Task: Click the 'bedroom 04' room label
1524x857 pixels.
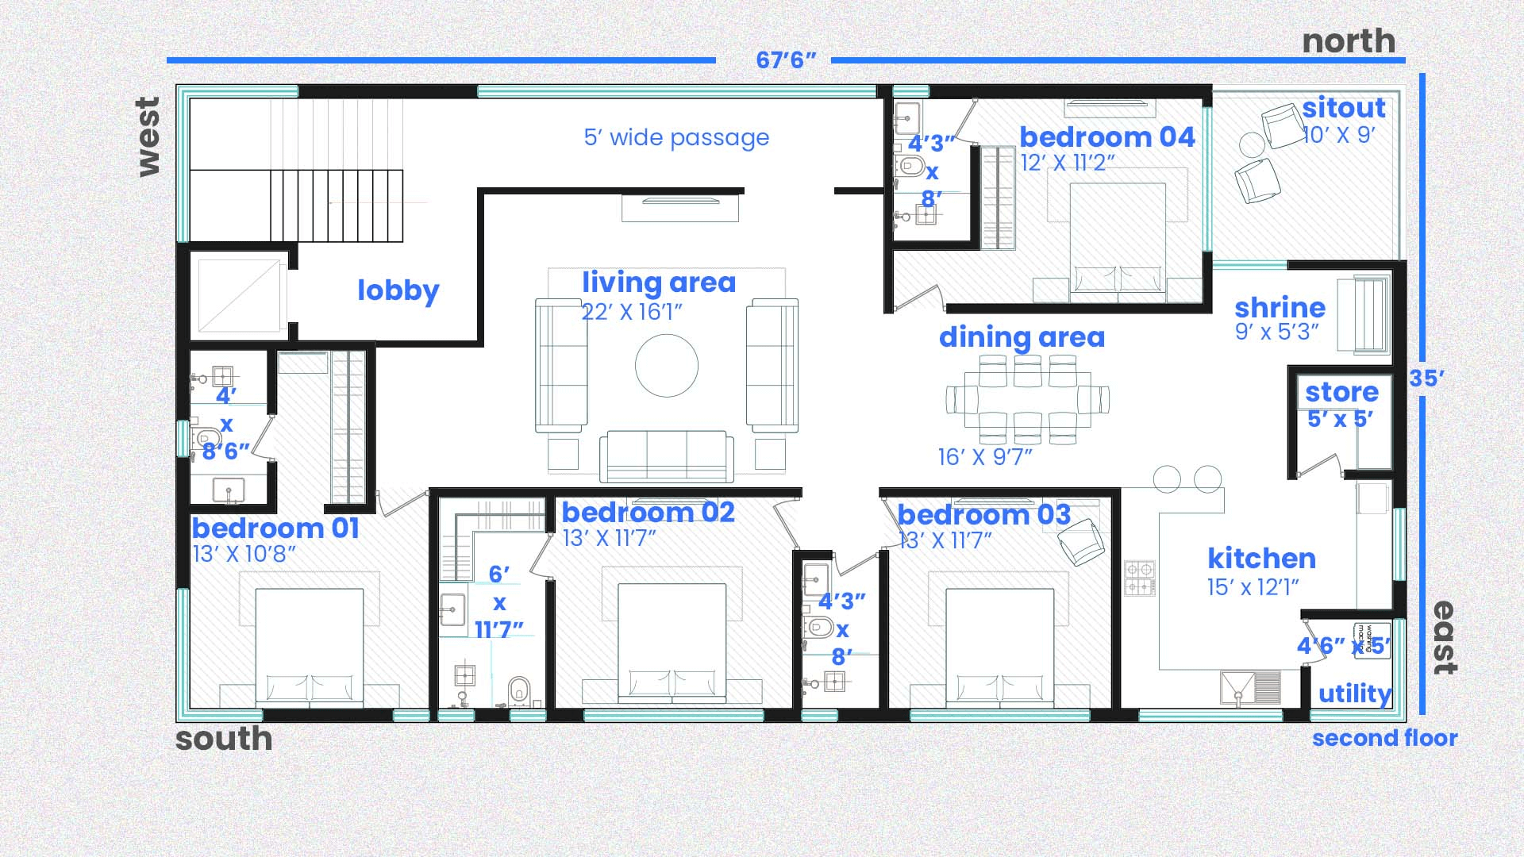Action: [x=1106, y=137]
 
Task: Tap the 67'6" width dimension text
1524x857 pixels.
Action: [x=786, y=60]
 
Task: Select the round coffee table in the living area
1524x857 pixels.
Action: [x=667, y=366]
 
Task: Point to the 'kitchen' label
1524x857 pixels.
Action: [x=1261, y=559]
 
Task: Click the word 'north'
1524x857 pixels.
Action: [x=1349, y=41]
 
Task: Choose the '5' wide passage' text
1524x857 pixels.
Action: [x=676, y=138]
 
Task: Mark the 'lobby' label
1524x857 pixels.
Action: [x=398, y=290]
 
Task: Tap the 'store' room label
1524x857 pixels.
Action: [x=1341, y=392]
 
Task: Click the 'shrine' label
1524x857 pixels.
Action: [x=1280, y=308]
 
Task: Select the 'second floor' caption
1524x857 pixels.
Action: [x=1384, y=739]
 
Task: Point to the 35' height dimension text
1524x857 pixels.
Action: [x=1426, y=379]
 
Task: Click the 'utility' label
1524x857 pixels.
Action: [x=1354, y=694]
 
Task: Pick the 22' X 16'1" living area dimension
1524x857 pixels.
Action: [x=632, y=313]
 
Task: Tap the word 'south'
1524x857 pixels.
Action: [x=224, y=739]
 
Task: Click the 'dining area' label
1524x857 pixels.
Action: [x=1022, y=338]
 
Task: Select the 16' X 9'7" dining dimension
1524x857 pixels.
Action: [x=984, y=458]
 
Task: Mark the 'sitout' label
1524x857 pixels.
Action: [x=1343, y=108]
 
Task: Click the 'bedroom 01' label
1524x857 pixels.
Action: [x=275, y=528]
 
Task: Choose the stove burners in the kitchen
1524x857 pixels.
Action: [x=1140, y=578]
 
